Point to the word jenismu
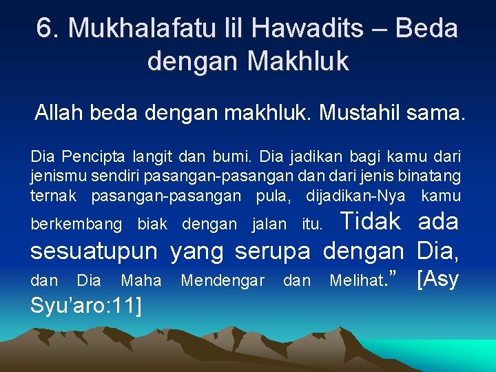click(x=55, y=177)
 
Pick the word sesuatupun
click(x=94, y=251)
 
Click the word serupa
click(x=272, y=251)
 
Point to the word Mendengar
click(x=223, y=280)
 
